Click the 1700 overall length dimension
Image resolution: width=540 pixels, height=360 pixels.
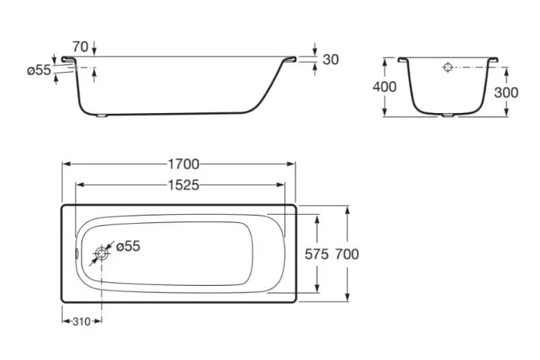pyautogui.click(x=183, y=165)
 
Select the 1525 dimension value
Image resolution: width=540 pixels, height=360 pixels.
pyautogui.click(x=183, y=186)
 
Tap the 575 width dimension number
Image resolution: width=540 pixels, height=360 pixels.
pyautogui.click(x=316, y=254)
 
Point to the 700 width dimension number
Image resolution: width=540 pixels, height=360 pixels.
pyautogui.click(x=347, y=254)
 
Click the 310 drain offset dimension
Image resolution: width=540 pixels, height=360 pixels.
pyautogui.click(x=82, y=322)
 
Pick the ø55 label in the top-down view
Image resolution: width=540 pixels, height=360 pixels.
pyautogui.click(x=128, y=246)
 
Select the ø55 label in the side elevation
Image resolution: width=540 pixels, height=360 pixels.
pyautogui.click(x=39, y=70)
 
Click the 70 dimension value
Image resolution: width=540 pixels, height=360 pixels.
pyautogui.click(x=80, y=46)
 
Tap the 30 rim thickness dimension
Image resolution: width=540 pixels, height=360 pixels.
pyautogui.click(x=331, y=60)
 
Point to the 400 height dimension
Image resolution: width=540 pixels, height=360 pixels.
pyautogui.click(x=384, y=87)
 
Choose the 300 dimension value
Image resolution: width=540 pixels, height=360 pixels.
pyautogui.click(x=506, y=92)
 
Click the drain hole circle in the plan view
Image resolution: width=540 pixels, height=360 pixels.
pyautogui.click(x=102, y=254)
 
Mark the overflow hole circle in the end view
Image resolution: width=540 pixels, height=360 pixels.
pyautogui.click(x=447, y=67)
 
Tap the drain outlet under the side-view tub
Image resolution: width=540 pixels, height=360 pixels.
pyautogui.click(x=102, y=116)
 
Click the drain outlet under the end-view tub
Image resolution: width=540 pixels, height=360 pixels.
pyautogui.click(x=448, y=115)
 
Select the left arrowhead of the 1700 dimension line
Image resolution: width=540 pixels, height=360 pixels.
pyautogui.click(x=66, y=165)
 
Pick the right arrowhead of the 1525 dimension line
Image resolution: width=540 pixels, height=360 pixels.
pyautogui.click(x=280, y=186)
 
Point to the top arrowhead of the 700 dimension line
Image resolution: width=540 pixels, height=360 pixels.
pyautogui.click(x=347, y=210)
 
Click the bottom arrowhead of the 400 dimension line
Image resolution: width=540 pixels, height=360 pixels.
pyautogui.click(x=384, y=112)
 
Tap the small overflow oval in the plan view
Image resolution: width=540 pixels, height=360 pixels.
pyautogui.click(x=77, y=254)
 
